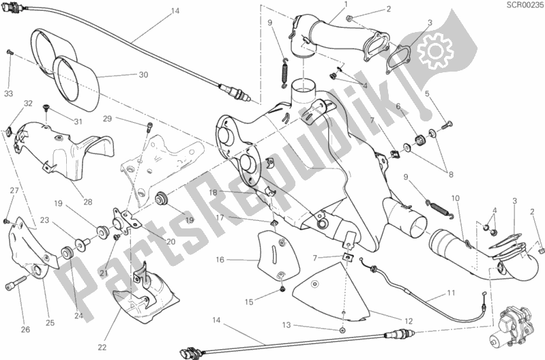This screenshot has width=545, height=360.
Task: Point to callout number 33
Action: pos(8,93)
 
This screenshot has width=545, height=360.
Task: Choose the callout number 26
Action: pos(25,331)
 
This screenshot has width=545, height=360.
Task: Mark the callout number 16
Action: pos(220,260)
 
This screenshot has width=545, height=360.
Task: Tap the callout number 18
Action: pos(213,193)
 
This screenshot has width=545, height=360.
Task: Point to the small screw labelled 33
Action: pos(10,52)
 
